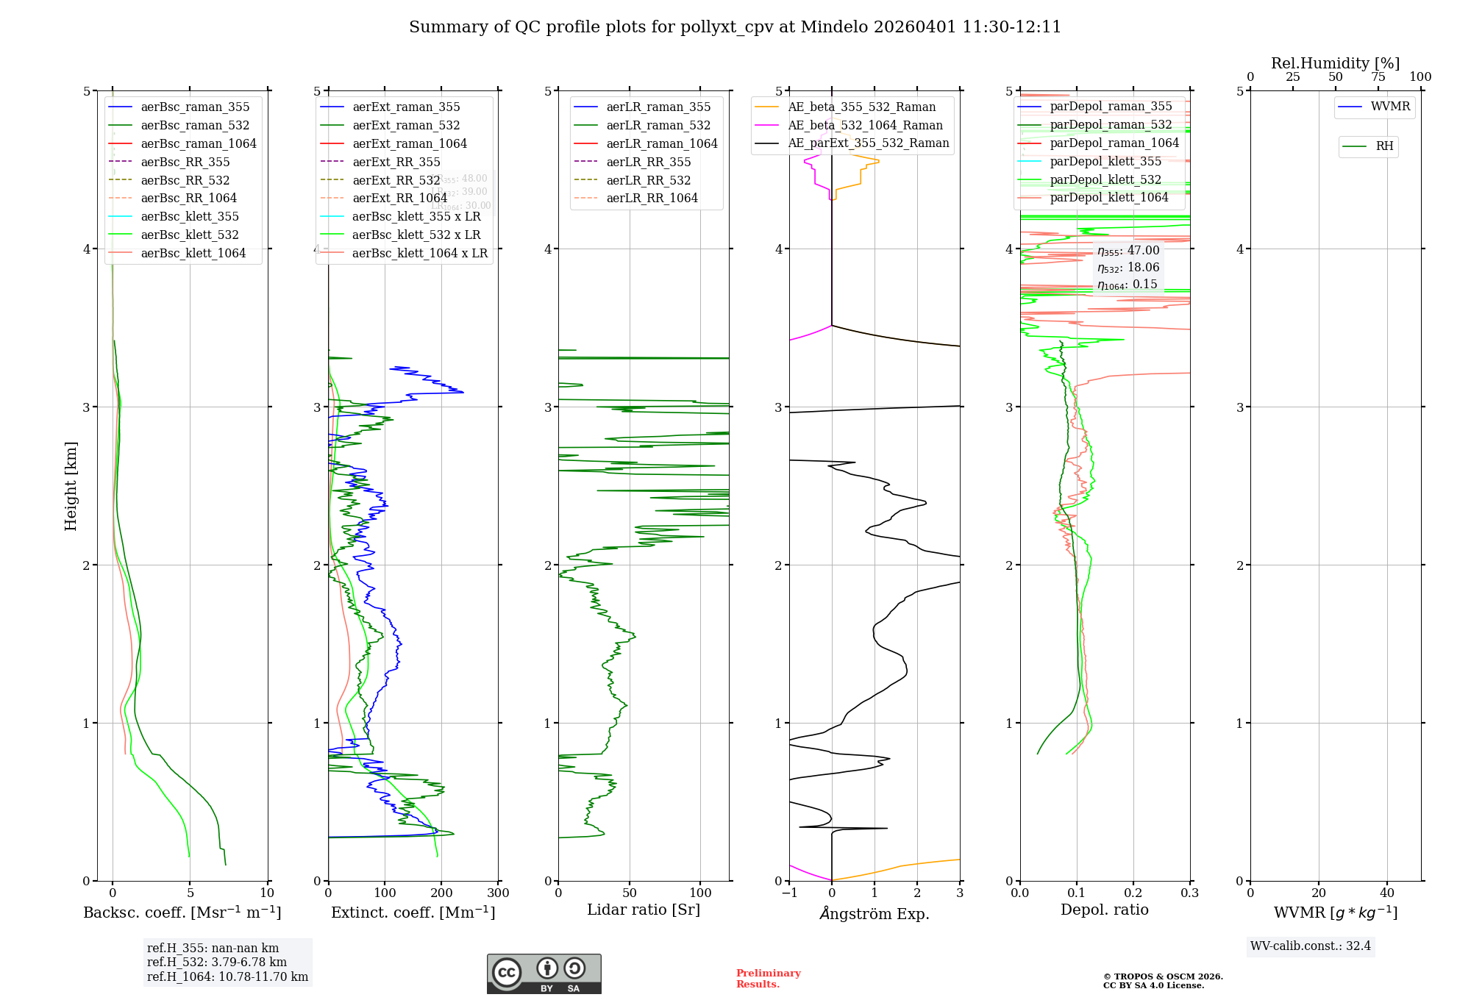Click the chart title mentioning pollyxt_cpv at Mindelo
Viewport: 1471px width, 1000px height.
click(735, 27)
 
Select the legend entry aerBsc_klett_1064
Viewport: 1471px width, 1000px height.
click(193, 253)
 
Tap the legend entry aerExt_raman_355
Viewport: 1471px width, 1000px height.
click(406, 107)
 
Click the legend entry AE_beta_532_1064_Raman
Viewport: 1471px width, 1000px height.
click(865, 125)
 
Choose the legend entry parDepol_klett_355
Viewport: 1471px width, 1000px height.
click(1105, 161)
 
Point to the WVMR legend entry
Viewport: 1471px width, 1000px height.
click(1390, 107)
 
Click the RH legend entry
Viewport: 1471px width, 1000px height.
click(1384, 146)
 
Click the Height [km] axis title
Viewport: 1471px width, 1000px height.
click(71, 485)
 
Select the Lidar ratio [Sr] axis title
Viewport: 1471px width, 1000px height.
click(643, 910)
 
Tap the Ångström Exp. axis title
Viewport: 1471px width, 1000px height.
click(874, 913)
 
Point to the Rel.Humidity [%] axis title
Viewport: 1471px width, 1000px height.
click(1335, 63)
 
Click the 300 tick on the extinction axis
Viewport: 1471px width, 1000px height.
click(498, 893)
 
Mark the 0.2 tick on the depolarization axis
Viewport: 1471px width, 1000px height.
click(1133, 893)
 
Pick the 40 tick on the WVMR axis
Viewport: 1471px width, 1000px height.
click(1387, 893)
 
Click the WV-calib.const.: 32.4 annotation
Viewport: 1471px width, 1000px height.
click(1310, 946)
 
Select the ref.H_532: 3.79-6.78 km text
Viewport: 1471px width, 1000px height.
click(216, 962)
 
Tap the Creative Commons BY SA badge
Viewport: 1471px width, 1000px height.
click(544, 974)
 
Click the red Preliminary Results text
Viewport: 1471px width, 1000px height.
click(768, 978)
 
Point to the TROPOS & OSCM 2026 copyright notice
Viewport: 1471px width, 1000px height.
click(1162, 981)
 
